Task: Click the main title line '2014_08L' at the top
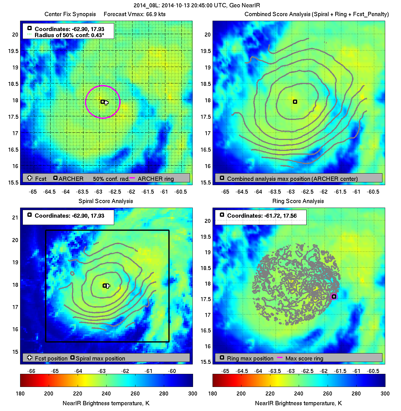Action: (x=197, y=5)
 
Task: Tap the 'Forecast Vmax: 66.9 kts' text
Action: (x=135, y=14)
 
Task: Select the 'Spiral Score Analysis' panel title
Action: (x=106, y=201)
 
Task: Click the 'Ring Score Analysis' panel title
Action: (x=298, y=201)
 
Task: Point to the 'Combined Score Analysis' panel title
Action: (x=317, y=14)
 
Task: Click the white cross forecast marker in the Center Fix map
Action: (x=106, y=103)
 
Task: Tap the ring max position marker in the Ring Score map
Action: (x=334, y=297)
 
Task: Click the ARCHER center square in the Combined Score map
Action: (x=295, y=102)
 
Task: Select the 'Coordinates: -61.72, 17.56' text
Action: (x=262, y=216)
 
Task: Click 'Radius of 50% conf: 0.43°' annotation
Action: (x=69, y=35)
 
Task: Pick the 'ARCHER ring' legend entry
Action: (x=156, y=179)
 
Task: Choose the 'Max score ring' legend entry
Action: (x=304, y=359)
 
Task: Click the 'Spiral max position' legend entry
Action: (x=100, y=359)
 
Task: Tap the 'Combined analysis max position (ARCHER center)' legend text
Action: (x=292, y=179)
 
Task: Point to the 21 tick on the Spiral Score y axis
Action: (x=15, y=218)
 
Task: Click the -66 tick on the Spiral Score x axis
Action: (x=31, y=371)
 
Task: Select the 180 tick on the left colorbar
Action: (x=20, y=394)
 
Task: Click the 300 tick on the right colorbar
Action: (x=385, y=394)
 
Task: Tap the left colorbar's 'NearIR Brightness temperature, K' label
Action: (x=106, y=403)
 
